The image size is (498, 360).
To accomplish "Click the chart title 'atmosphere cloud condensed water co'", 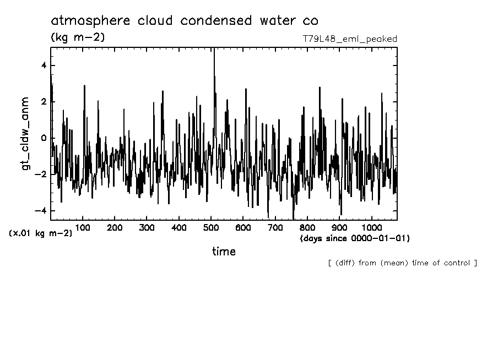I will pyautogui.click(x=184, y=21).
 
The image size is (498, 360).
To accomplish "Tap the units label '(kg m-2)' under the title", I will pyautogui.click(x=77, y=37).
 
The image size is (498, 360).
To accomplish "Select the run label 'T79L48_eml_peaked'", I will pyautogui.click(x=350, y=39).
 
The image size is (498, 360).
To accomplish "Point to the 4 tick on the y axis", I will pyautogui.click(x=44, y=66).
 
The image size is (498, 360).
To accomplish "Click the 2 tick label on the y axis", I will pyautogui.click(x=44, y=102).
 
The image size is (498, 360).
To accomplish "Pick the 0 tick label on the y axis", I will pyautogui.click(x=44, y=138).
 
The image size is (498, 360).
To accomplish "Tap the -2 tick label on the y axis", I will pyautogui.click(x=41, y=174).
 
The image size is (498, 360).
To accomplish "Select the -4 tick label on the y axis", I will pyautogui.click(x=41, y=211).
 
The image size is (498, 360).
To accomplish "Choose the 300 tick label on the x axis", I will pyautogui.click(x=147, y=228).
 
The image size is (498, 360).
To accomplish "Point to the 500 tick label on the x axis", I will pyautogui.click(x=211, y=228).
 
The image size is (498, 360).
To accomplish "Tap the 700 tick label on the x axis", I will pyautogui.click(x=275, y=228).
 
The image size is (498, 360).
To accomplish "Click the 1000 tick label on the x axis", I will pyautogui.click(x=371, y=228).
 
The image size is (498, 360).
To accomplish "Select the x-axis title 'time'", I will pyautogui.click(x=224, y=252).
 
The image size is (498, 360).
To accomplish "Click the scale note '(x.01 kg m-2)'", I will pyautogui.click(x=40, y=233).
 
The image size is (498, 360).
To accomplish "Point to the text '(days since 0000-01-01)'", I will pyautogui.click(x=355, y=238).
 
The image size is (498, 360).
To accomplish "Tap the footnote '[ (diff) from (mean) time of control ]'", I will pyautogui.click(x=402, y=263).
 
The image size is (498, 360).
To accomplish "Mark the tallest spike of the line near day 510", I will pyautogui.click(x=214, y=50).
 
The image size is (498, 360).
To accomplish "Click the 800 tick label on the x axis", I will pyautogui.click(x=307, y=228).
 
